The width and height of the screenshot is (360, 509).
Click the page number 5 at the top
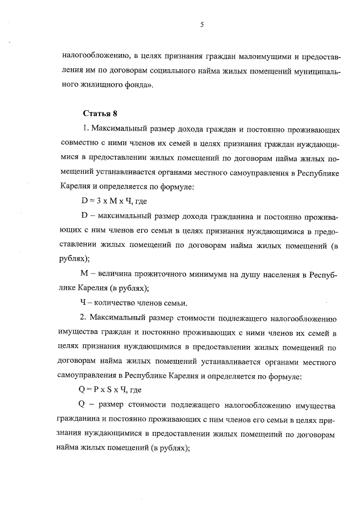pyautogui.click(x=201, y=24)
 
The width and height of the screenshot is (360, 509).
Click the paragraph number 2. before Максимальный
pyautogui.click(x=84, y=317)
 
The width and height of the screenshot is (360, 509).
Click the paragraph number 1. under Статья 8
pyautogui.click(x=84, y=129)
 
